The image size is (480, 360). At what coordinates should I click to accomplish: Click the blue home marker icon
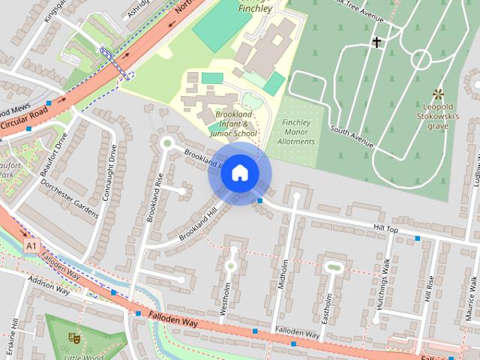pyautogui.click(x=239, y=172)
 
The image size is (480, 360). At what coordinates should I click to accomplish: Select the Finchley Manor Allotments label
pyautogui.click(x=297, y=132)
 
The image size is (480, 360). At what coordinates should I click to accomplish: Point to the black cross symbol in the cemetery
pyautogui.click(x=375, y=43)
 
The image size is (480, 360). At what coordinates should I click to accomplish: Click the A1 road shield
pyautogui.click(x=31, y=245)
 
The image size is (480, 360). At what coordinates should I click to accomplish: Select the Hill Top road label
pyautogui.click(x=385, y=228)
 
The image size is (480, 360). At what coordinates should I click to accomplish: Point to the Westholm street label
pyautogui.click(x=226, y=300)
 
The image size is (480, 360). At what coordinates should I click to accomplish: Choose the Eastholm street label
pyautogui.click(x=325, y=308)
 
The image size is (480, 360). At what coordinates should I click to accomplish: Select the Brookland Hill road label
pyautogui.click(x=196, y=224)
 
